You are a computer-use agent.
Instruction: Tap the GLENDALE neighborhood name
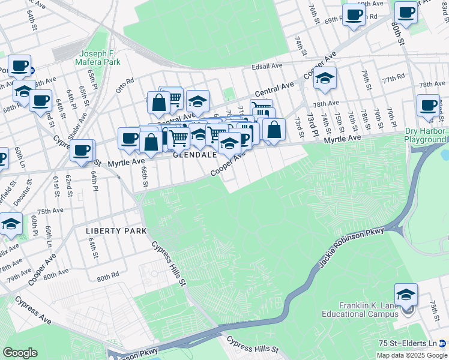194,154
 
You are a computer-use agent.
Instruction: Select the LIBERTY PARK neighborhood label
108,231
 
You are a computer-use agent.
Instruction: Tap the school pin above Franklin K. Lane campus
406,295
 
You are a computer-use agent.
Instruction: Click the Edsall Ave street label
267,66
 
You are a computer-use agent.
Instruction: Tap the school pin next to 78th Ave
325,78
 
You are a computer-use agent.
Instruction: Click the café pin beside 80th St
406,13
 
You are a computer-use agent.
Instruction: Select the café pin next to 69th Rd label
354,15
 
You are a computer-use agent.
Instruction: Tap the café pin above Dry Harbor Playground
429,106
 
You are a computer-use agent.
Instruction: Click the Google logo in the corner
20,353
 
